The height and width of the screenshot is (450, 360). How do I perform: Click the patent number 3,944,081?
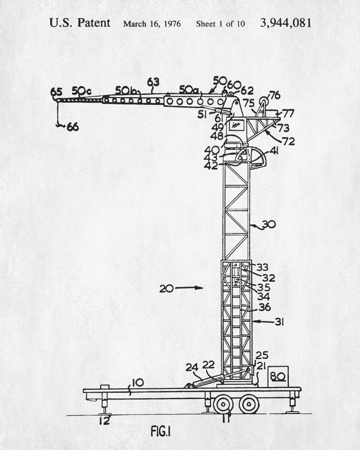coord(285,23)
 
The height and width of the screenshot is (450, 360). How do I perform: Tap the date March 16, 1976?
coord(152,23)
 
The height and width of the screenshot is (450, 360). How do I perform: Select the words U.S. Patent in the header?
coord(80,23)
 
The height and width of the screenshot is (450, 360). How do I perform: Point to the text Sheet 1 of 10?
coord(220,23)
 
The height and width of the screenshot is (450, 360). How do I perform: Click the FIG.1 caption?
coord(161,431)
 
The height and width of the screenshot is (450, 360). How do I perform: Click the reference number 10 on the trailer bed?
coord(138,383)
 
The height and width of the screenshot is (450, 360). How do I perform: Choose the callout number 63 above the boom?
coord(153,82)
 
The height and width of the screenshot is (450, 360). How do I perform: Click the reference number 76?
coord(274,95)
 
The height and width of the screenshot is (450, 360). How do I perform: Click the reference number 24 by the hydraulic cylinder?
coord(191,368)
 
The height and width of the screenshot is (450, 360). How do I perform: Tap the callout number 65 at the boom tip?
coord(56,91)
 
